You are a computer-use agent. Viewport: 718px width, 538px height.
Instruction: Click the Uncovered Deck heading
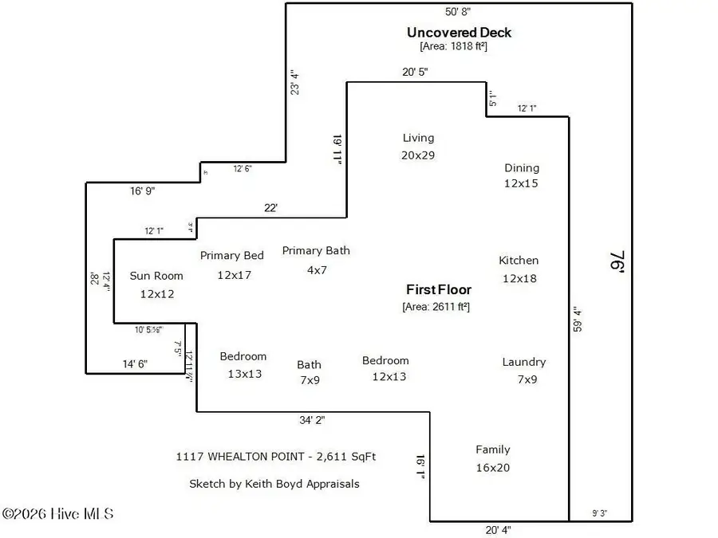[x=459, y=33]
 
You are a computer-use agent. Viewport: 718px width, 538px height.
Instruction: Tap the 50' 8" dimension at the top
[x=458, y=12]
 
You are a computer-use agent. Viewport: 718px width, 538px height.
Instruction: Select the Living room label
[x=418, y=138]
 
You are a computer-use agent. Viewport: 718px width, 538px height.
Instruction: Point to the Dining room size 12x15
[x=522, y=183]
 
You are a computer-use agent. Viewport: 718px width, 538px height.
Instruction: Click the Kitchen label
[x=519, y=260]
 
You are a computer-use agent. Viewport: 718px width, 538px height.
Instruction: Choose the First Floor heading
[x=438, y=290]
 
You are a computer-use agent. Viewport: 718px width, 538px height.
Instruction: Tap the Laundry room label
[x=523, y=362]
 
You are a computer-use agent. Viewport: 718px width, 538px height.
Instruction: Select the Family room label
[x=492, y=450]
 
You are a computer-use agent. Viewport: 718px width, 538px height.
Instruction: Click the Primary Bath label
[x=316, y=251]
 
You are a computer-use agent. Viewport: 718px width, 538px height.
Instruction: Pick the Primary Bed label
[x=231, y=256]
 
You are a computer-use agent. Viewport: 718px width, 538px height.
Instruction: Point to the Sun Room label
[x=156, y=276]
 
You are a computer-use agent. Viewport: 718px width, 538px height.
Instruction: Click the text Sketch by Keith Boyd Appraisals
[x=274, y=484]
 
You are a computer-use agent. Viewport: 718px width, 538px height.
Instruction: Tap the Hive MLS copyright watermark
[x=57, y=514]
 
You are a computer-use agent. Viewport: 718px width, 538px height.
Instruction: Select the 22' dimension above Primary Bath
[x=271, y=208]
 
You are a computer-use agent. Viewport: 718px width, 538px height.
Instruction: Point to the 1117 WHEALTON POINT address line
[x=275, y=457]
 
